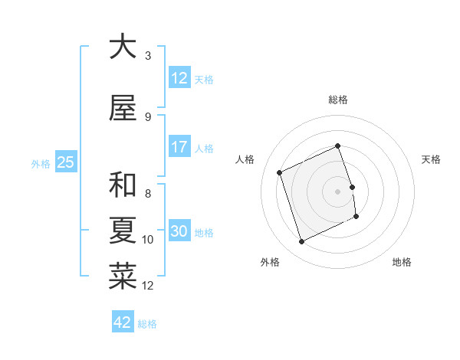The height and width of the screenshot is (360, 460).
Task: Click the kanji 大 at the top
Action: (123, 47)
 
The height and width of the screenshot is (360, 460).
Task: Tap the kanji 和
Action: (123, 185)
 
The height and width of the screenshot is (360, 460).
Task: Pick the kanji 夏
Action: (123, 231)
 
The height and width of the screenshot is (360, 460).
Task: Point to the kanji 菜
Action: (123, 277)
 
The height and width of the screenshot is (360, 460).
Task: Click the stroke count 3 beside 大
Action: (148, 56)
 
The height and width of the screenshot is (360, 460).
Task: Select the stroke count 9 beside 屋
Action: (148, 117)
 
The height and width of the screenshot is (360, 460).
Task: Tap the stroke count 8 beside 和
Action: (148, 194)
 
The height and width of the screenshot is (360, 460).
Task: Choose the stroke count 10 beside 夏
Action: (148, 240)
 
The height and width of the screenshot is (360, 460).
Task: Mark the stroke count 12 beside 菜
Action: (148, 286)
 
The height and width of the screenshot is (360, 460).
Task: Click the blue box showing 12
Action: (179, 78)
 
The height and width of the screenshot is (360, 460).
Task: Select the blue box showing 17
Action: (179, 147)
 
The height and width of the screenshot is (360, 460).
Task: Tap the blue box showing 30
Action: (179, 231)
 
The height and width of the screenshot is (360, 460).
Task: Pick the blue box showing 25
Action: (65, 162)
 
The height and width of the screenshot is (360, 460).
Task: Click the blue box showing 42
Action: (122, 322)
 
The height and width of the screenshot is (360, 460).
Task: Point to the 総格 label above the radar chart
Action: (338, 100)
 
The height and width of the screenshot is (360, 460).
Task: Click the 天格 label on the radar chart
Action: (431, 159)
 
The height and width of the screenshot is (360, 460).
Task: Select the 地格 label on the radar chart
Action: (402, 262)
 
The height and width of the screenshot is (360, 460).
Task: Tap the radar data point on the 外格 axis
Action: (301, 242)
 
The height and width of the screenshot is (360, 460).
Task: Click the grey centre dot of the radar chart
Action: (337, 191)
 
